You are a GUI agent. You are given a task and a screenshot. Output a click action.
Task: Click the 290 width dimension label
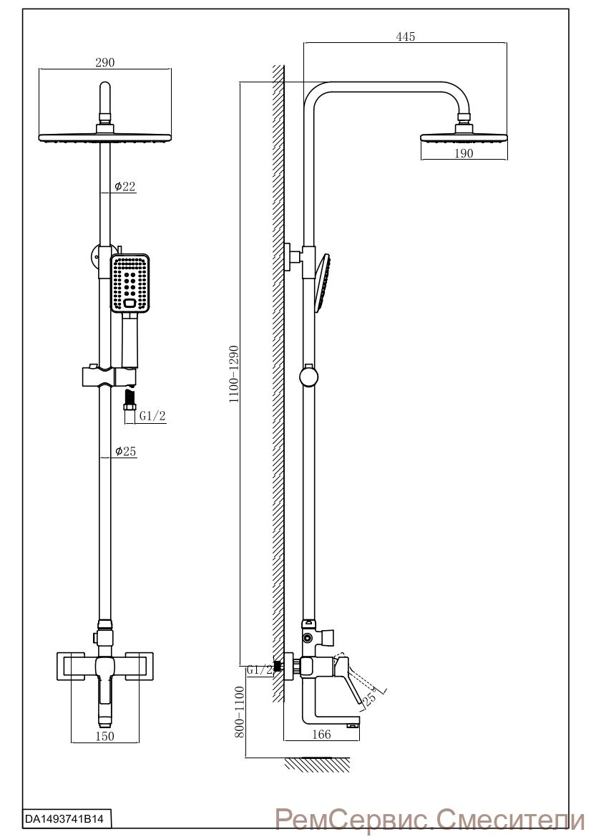[105, 62]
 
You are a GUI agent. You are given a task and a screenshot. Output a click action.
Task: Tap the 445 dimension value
[406, 37]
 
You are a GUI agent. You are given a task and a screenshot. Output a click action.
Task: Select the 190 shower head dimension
[464, 153]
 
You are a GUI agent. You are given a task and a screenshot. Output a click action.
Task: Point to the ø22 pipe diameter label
[124, 186]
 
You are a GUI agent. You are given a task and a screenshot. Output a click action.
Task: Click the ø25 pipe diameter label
[125, 451]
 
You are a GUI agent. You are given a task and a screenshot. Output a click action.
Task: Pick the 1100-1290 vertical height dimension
[234, 374]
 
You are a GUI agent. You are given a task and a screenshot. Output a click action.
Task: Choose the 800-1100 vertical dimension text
[239, 712]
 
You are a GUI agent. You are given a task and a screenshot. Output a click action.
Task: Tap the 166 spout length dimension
[321, 735]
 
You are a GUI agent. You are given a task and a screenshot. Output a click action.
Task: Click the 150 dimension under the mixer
[104, 736]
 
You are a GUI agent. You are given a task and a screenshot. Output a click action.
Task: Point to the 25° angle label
[370, 697]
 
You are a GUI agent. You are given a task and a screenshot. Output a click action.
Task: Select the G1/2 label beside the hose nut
[152, 416]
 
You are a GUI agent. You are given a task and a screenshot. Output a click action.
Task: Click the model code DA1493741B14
[64, 817]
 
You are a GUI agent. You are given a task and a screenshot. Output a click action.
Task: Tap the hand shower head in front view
[130, 283]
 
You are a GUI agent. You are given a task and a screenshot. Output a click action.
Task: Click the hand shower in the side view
[322, 282]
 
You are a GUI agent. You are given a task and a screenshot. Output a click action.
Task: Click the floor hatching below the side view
[317, 764]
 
